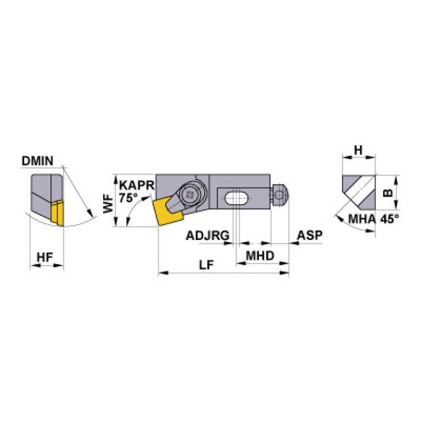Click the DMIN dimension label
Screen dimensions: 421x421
pyautogui.click(x=37, y=161)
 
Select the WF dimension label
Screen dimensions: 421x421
pyautogui.click(x=110, y=204)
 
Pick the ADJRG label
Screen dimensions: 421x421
pyautogui.click(x=207, y=236)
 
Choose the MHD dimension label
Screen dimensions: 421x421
pyautogui.click(x=260, y=255)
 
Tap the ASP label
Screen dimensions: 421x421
pyautogui.click(x=310, y=236)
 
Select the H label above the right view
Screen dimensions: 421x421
pyautogui.click(x=358, y=150)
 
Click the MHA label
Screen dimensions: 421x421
pyautogui.click(x=362, y=220)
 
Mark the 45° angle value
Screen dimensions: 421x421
pyautogui.click(x=389, y=220)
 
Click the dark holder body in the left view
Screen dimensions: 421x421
pyautogui.click(x=44, y=195)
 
